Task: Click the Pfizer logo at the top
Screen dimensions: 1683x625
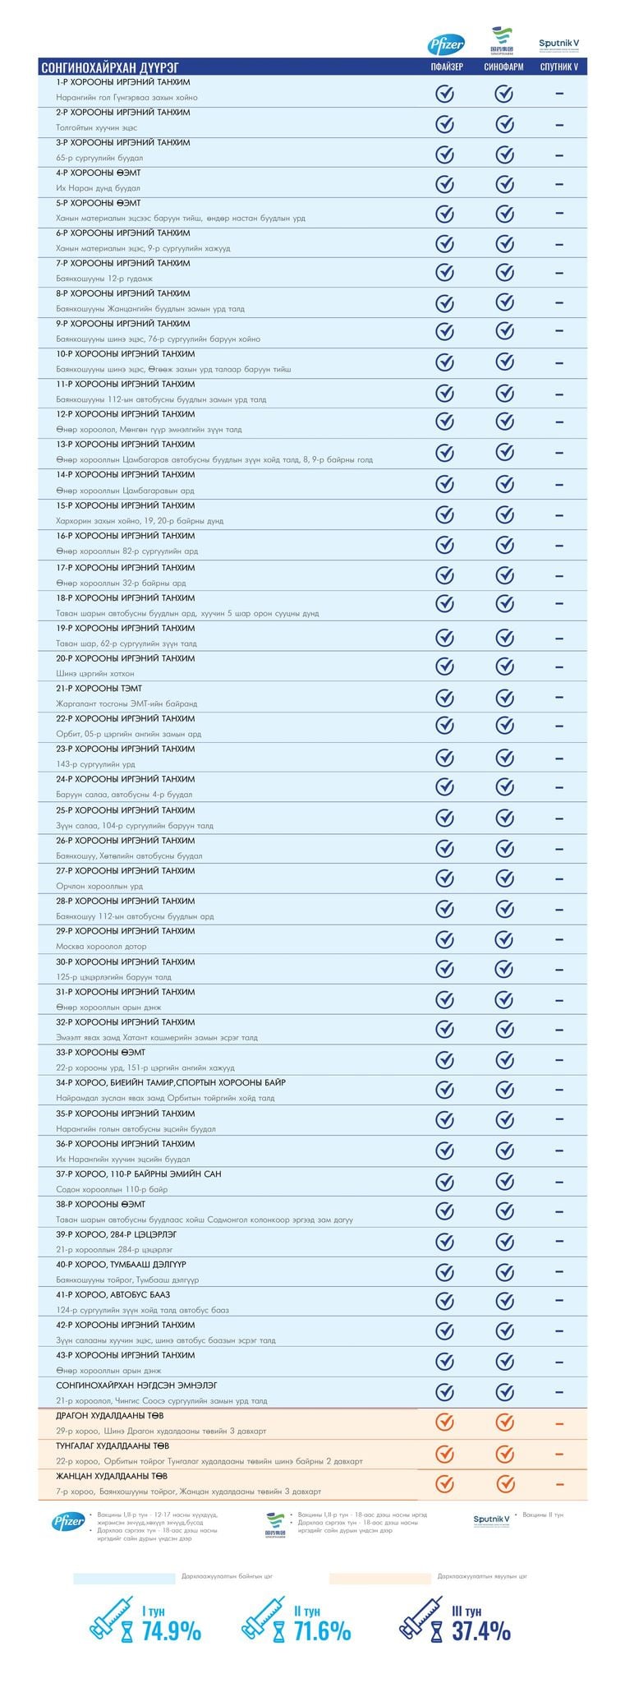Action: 445,44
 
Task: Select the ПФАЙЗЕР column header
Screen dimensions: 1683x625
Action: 444,67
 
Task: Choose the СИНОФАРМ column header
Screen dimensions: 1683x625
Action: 503,67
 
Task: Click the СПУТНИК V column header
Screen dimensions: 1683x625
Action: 558,67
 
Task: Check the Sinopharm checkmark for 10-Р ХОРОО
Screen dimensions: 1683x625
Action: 503,362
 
